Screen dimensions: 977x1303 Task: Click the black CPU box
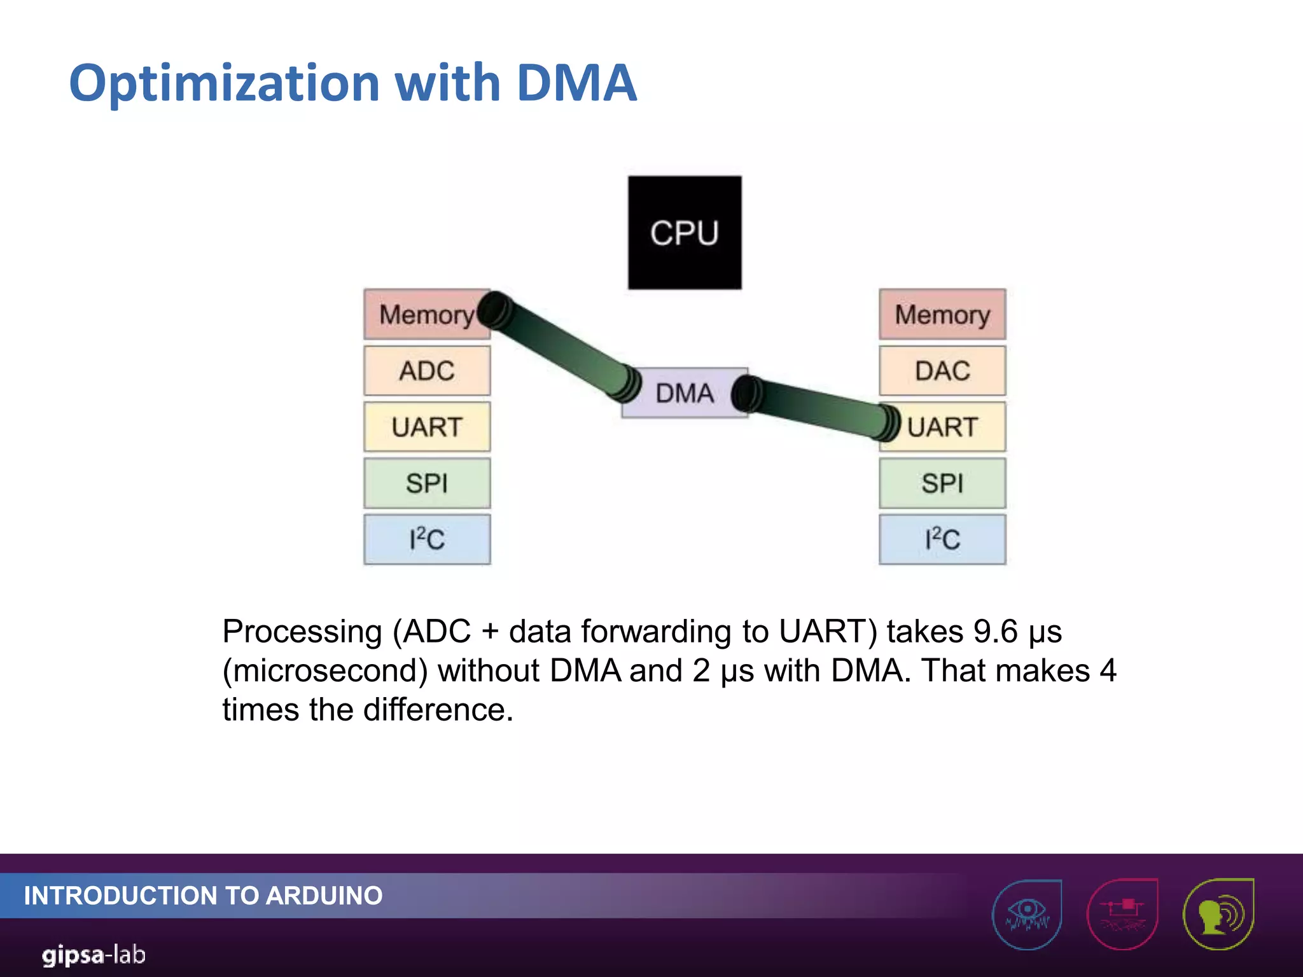tap(685, 233)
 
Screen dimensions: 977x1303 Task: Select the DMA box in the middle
tap(685, 393)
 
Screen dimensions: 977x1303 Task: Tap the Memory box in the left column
tap(420, 314)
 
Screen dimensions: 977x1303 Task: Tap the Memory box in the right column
tap(942, 314)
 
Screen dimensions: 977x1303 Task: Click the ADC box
tap(427, 371)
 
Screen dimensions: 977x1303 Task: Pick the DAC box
tap(942, 371)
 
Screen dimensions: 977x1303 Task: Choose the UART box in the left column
tap(427, 427)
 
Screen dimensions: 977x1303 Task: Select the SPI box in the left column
tap(427, 483)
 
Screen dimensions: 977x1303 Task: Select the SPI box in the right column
tap(942, 483)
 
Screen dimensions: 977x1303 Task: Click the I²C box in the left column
tap(427, 539)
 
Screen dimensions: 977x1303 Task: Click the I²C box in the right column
tap(942, 539)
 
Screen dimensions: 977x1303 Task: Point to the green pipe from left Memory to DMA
tap(560, 347)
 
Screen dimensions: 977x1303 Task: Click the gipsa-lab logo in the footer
tap(94, 955)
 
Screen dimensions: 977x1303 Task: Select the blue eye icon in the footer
tap(1027, 914)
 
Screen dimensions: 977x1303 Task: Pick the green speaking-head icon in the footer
tap(1218, 914)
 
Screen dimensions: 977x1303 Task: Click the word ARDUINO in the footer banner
tap(324, 896)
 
